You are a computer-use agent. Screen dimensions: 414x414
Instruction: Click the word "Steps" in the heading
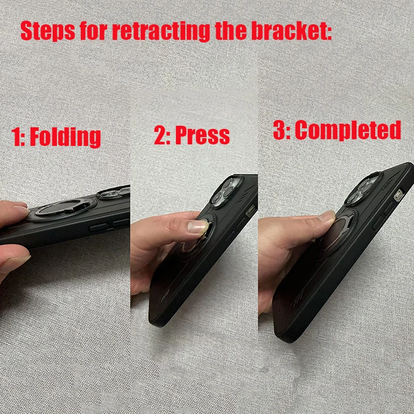(x=48, y=32)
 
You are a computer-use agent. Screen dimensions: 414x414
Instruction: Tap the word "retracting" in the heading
(x=161, y=32)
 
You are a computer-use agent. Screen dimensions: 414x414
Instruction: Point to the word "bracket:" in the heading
(x=291, y=31)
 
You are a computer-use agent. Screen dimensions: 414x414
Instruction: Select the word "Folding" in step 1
(x=65, y=137)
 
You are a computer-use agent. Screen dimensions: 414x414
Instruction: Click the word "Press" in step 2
(x=202, y=135)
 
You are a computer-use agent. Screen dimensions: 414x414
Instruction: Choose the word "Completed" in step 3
(x=348, y=130)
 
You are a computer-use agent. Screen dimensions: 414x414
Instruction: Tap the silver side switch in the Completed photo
(x=398, y=196)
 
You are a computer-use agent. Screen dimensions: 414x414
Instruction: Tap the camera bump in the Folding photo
(x=113, y=192)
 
